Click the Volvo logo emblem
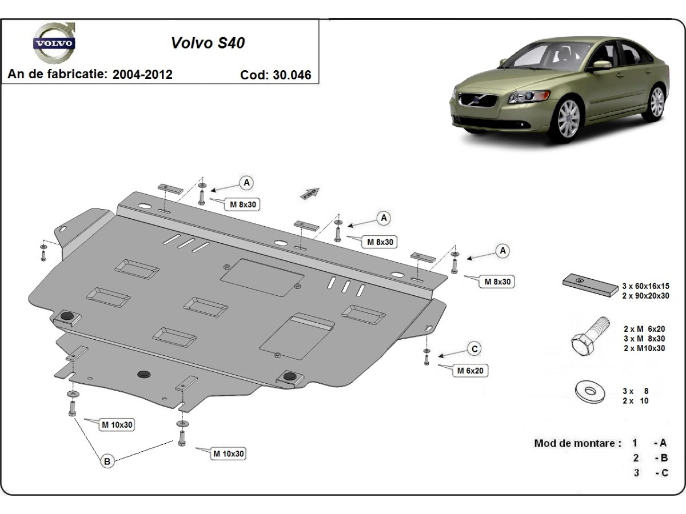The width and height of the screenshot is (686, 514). [54, 43]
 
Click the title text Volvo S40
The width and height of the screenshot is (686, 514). [208, 43]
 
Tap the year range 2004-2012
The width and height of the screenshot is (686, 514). [142, 74]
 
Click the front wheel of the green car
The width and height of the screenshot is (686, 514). [568, 118]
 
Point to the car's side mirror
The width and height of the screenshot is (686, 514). [601, 65]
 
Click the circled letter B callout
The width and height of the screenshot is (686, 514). [107, 461]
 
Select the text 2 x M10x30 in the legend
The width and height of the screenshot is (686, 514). [644, 348]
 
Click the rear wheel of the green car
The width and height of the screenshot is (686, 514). [656, 102]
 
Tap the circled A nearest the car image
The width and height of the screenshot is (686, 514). [503, 251]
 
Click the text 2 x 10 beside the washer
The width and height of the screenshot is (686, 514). [636, 401]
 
